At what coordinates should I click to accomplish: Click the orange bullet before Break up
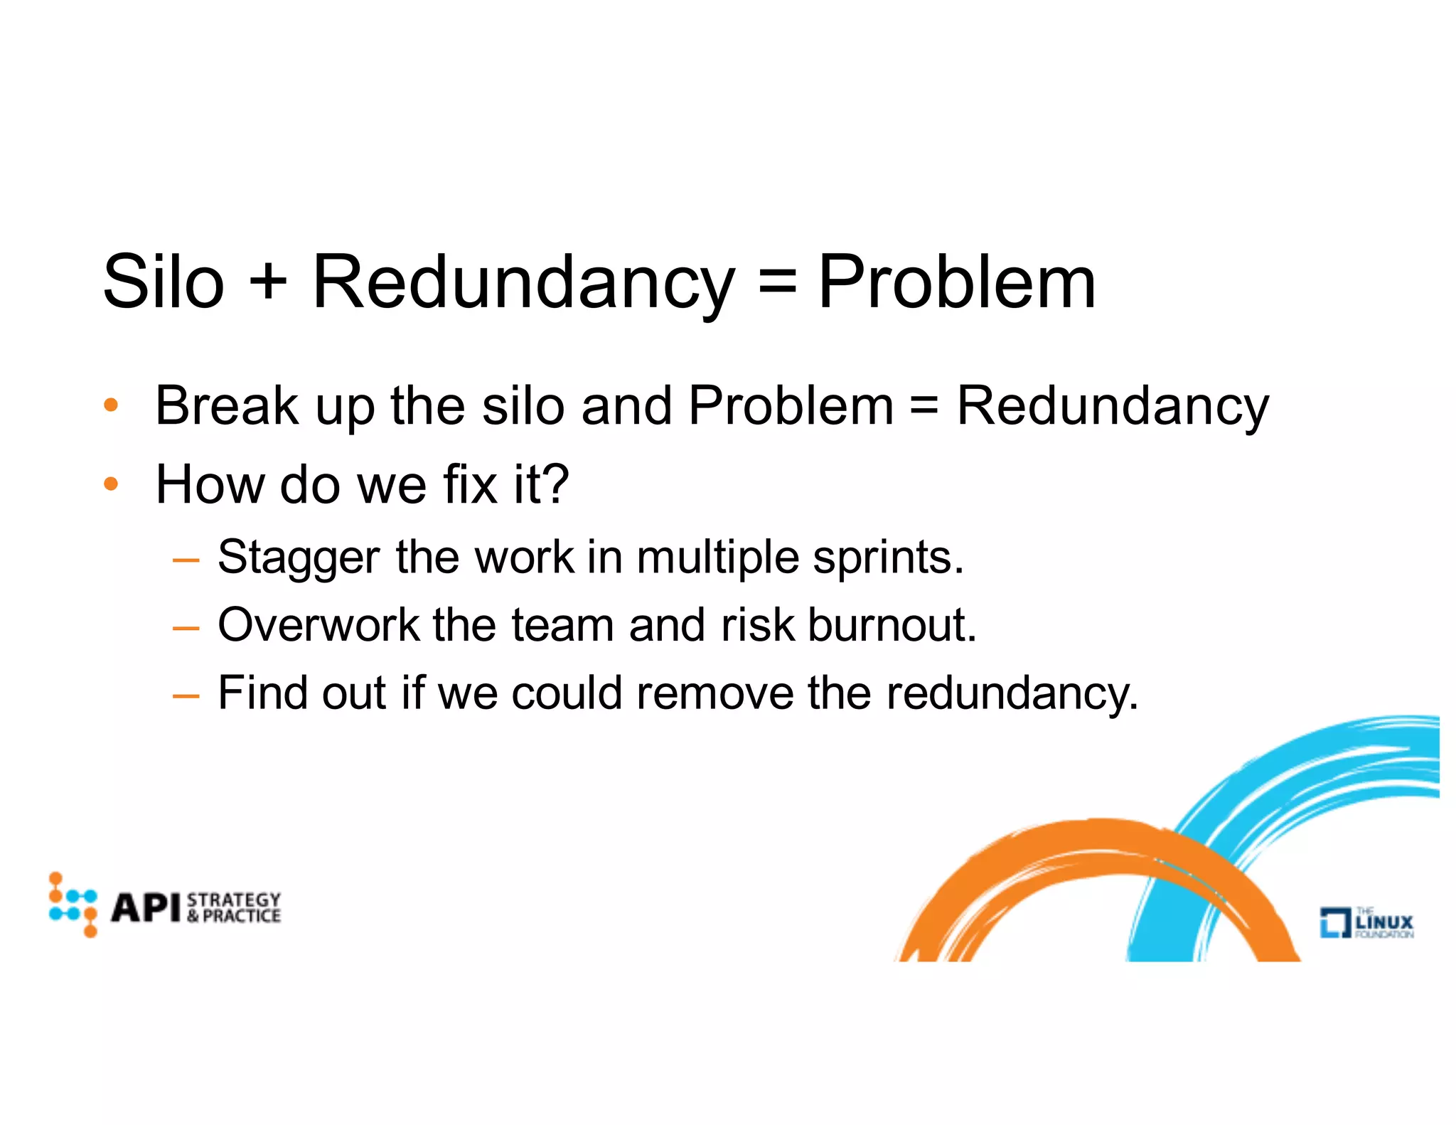pos(111,406)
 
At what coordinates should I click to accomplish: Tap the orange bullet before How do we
pos(111,485)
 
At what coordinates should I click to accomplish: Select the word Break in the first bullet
pos(227,405)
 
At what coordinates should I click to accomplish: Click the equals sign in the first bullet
pos(924,405)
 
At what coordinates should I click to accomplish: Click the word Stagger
pos(298,558)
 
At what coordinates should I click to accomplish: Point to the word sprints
pos(887,558)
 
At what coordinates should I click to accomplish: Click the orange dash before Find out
pos(186,695)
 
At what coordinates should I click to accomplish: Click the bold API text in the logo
pos(146,908)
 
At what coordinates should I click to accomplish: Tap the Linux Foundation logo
pos(1366,922)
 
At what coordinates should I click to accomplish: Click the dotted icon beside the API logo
pos(73,904)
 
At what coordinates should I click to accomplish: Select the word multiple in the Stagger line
pos(717,558)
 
